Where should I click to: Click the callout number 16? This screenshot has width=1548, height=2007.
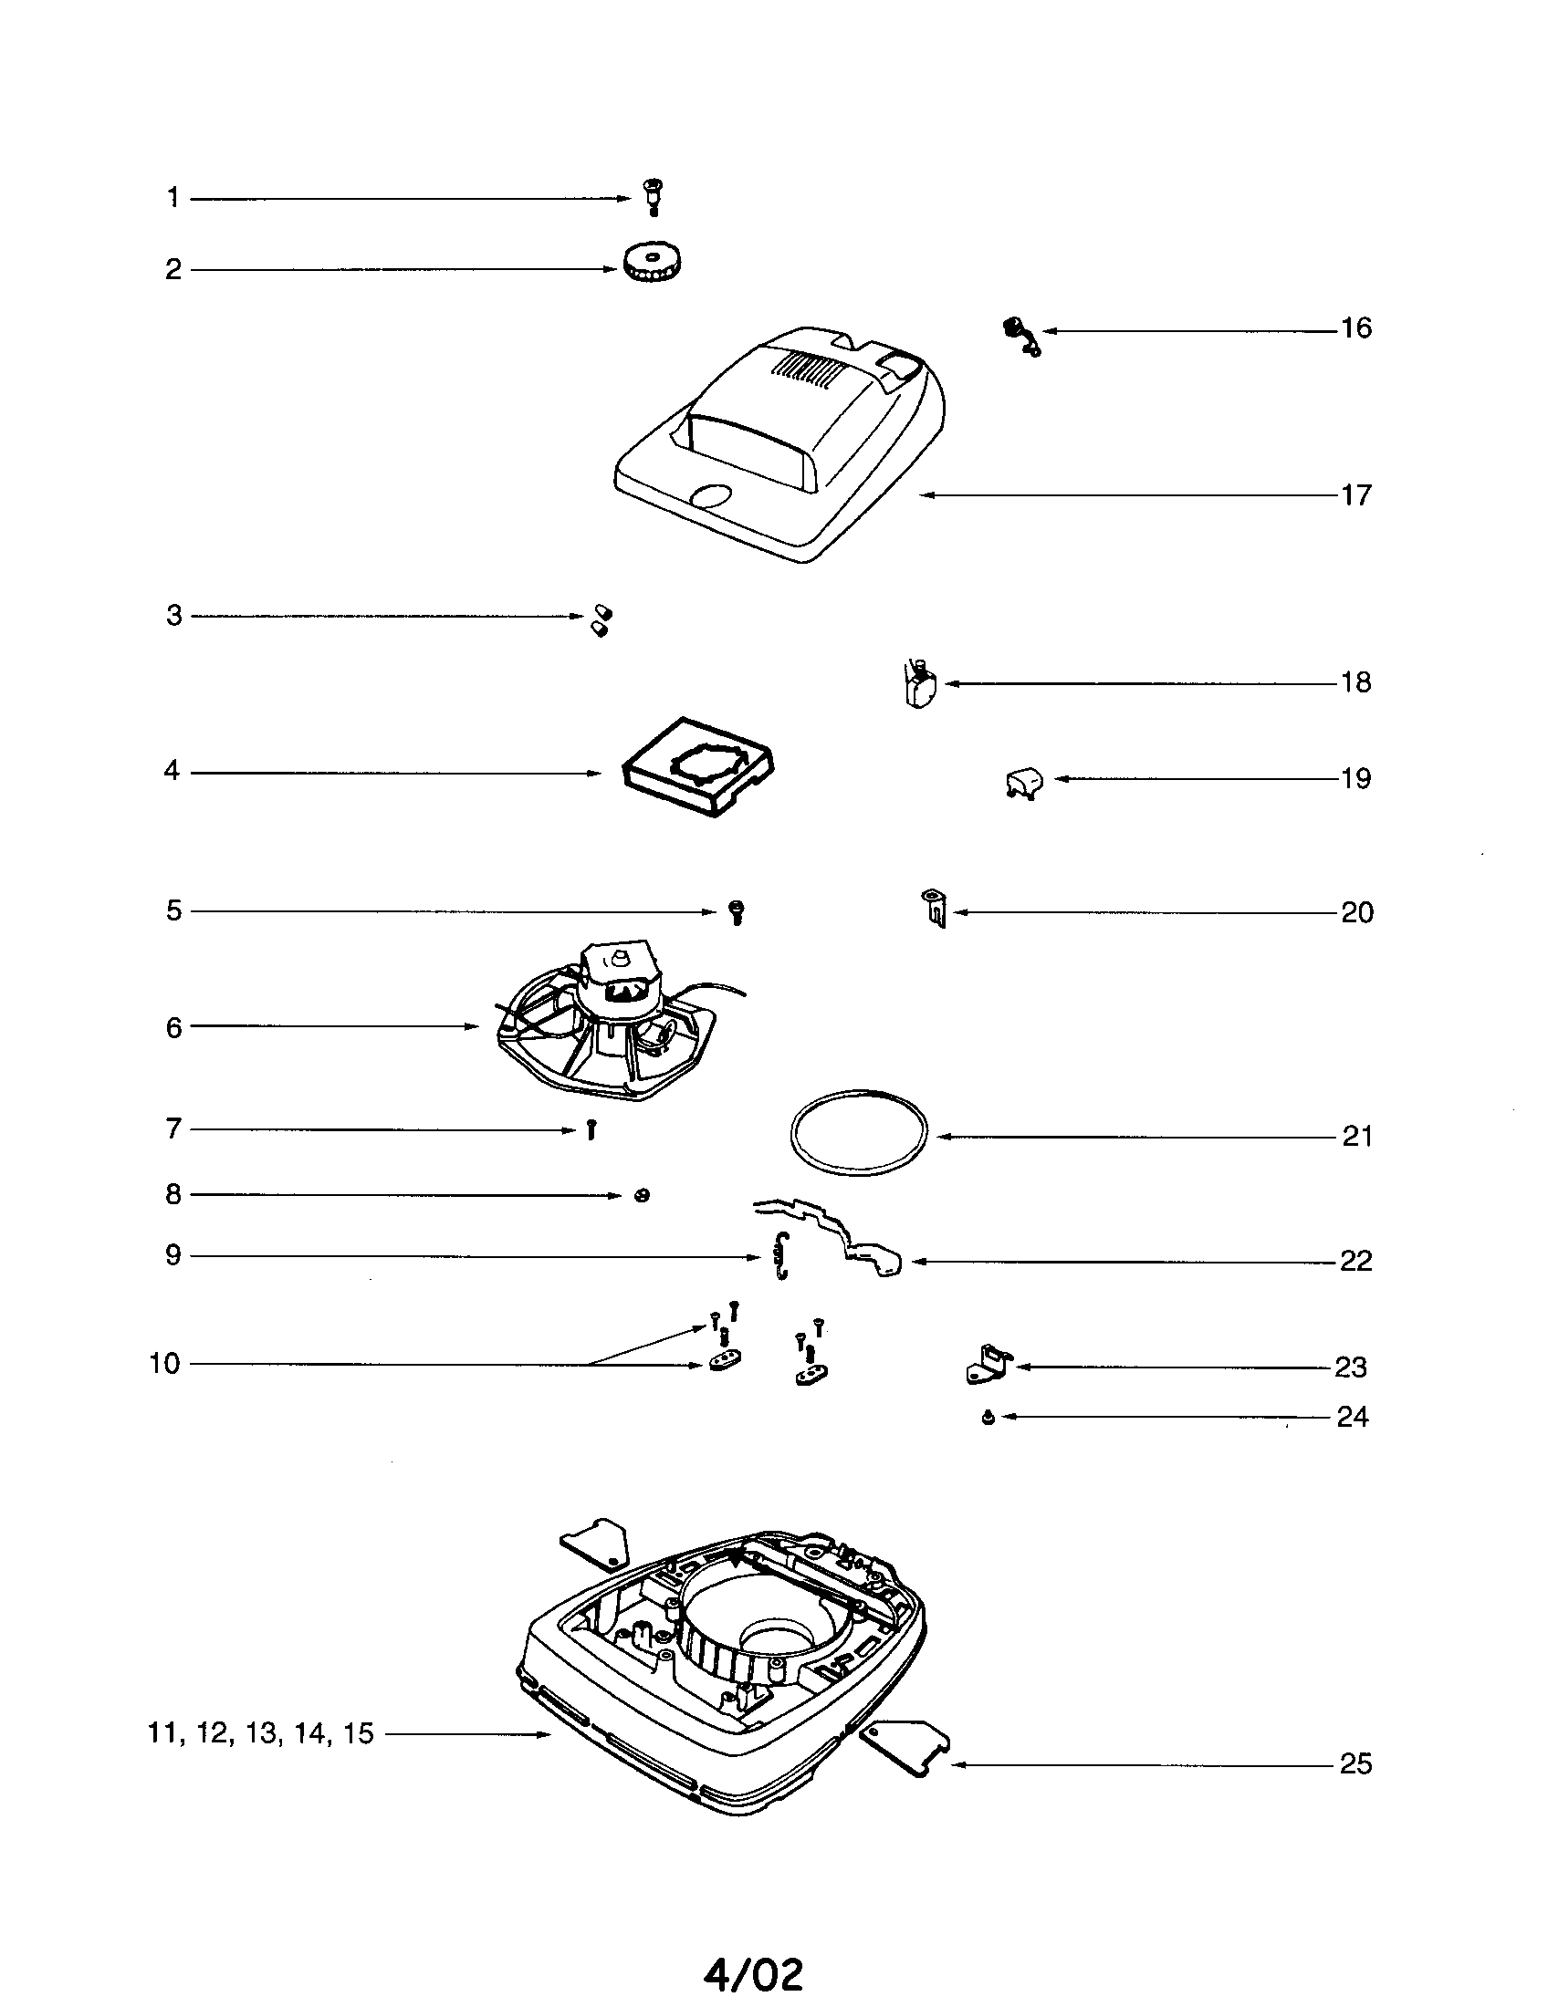[x=1355, y=328]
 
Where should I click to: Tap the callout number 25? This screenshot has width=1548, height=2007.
[x=1355, y=1763]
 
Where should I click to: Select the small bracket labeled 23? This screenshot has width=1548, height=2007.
[x=988, y=1364]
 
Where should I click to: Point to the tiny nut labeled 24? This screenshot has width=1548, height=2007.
[x=988, y=1418]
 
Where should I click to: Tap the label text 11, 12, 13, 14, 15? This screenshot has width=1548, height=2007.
[x=261, y=1733]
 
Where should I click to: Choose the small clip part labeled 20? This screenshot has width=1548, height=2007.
[x=935, y=908]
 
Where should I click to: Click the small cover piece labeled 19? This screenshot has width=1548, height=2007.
[x=1023, y=783]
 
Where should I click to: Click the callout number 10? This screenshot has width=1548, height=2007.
[x=164, y=1364]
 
